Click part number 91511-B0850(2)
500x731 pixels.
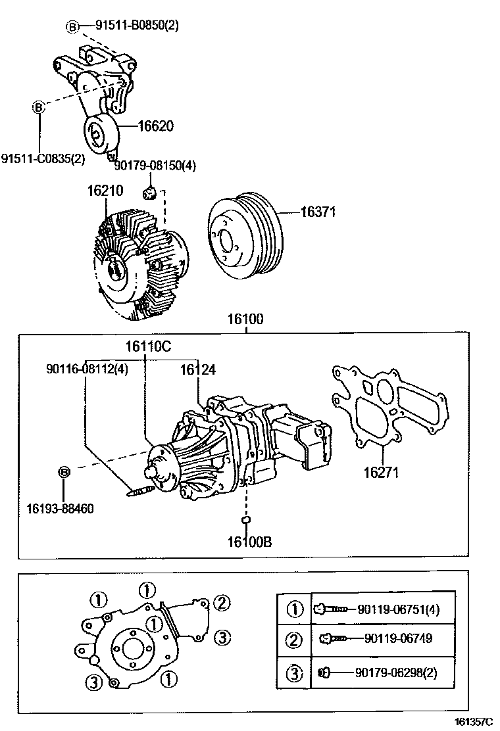pos(137,26)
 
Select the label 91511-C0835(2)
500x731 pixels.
pos(43,159)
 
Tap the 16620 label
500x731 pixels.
pos(155,126)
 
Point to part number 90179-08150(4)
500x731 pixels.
pos(155,165)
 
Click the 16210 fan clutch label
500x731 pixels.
pos(105,191)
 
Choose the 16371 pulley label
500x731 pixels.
pos(318,212)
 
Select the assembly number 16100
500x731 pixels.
pos(245,320)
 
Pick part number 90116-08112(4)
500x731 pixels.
pos(87,369)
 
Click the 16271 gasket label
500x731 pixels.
pos(382,472)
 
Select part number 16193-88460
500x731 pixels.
pos(60,508)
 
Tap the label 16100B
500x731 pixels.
pos(250,542)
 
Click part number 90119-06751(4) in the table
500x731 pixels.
pos(398,609)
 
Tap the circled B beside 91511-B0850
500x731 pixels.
pos(72,26)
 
